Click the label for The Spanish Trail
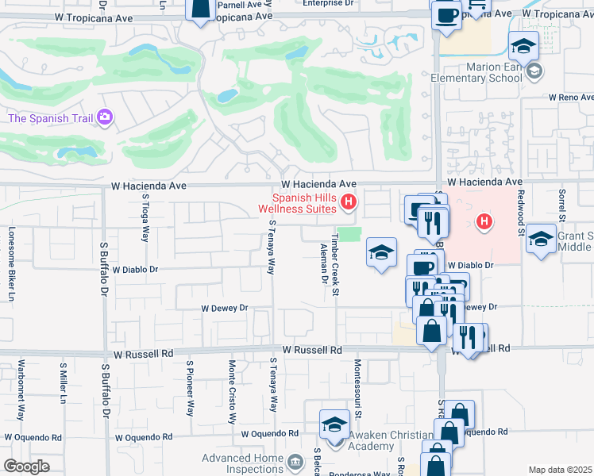pyautogui.click(x=51, y=118)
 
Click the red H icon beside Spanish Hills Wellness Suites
pyautogui.click(x=347, y=204)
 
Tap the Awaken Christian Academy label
pyautogui.click(x=380, y=440)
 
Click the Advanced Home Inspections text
pyautogui.click(x=242, y=463)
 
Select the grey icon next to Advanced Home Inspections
pyautogui.click(x=295, y=461)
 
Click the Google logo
pyautogui.click(x=26, y=466)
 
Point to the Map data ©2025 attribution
pyautogui.click(x=560, y=470)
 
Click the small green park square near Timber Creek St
pyautogui.click(x=352, y=236)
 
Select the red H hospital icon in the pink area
pyautogui.click(x=481, y=221)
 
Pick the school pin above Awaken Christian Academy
pyautogui.click(x=334, y=424)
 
